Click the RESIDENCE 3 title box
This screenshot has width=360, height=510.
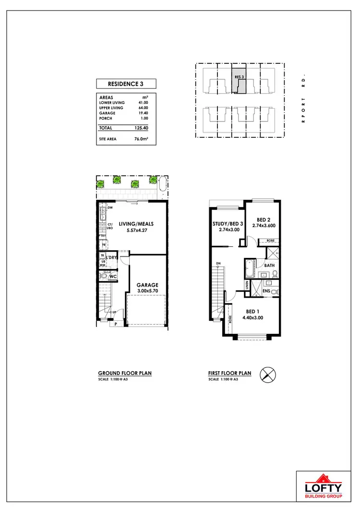click(x=125, y=84)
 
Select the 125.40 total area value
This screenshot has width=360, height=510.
click(x=141, y=128)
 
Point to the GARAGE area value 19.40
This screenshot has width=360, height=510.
click(x=143, y=113)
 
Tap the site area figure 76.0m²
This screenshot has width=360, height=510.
click(x=141, y=139)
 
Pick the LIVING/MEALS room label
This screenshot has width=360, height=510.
click(x=133, y=223)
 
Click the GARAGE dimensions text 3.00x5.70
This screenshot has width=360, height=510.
click(x=147, y=291)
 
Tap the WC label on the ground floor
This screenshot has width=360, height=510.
click(x=113, y=277)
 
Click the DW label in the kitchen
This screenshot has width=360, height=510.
click(x=110, y=208)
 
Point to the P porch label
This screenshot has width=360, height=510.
click(x=116, y=324)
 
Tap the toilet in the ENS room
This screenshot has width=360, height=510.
click(x=274, y=291)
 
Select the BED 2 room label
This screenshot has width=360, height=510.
click(x=264, y=219)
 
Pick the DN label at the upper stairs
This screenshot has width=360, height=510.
click(x=218, y=264)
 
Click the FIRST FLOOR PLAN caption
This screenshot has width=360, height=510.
click(x=229, y=373)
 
